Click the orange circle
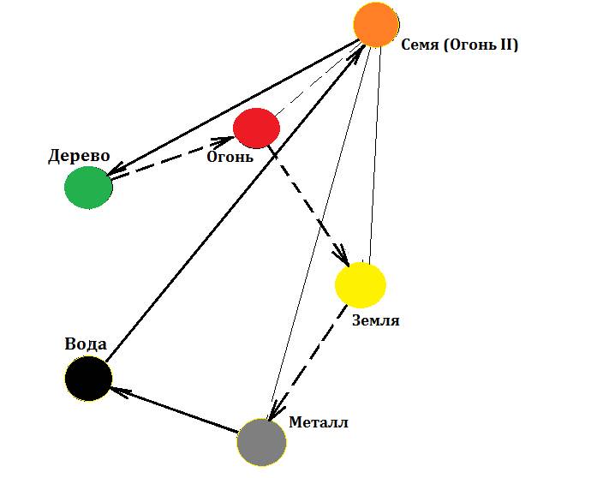click(376, 24)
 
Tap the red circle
click(256, 128)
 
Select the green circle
click(88, 187)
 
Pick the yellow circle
click(360, 284)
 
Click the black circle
click(88, 378)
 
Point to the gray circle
click(261, 441)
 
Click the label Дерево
click(80, 156)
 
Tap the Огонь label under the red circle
click(230, 157)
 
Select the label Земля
click(376, 321)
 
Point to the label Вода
click(86, 344)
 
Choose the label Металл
click(319, 422)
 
